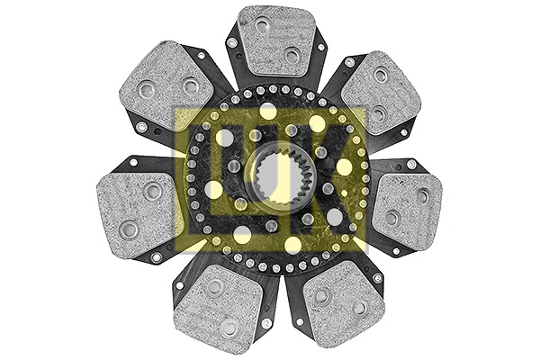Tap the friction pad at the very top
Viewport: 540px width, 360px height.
275,40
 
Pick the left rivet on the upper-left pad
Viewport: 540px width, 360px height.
146,88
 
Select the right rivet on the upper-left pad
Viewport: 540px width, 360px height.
191,86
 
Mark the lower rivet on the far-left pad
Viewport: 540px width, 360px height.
128,228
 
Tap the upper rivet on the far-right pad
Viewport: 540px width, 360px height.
422,194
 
